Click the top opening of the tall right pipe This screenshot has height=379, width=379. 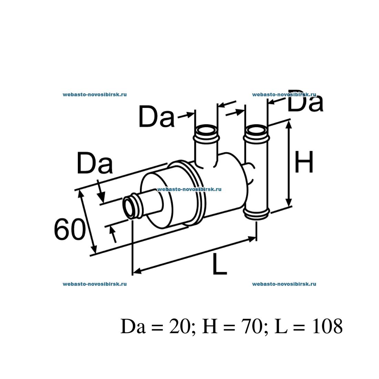(x=256, y=131)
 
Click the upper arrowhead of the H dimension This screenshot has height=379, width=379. (x=289, y=125)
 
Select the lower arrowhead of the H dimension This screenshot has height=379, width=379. (x=289, y=203)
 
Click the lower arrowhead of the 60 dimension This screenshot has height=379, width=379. (x=94, y=250)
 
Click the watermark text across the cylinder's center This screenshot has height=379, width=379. (x=189, y=189)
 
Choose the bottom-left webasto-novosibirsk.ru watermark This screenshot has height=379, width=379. (x=95, y=284)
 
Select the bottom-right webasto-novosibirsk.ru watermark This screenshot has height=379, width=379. (x=284, y=284)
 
